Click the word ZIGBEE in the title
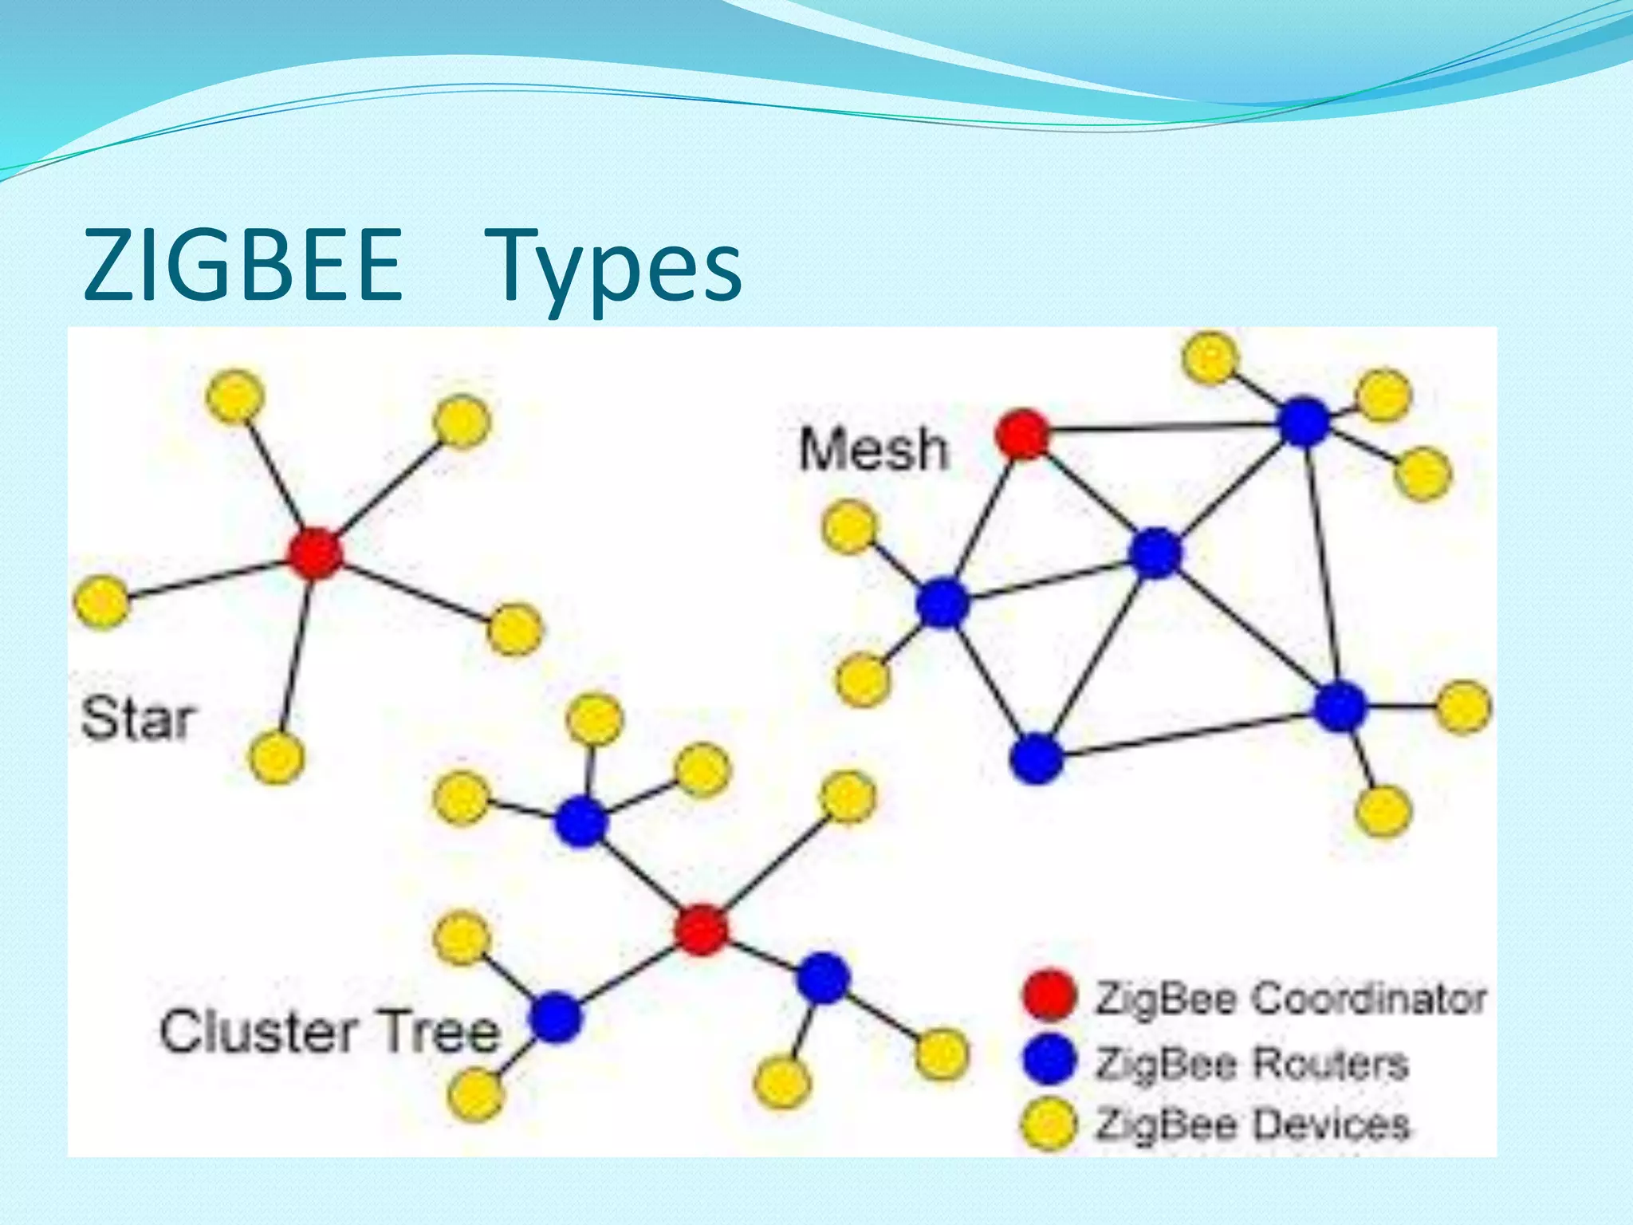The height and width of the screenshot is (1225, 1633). click(243, 266)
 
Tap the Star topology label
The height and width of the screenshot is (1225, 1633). click(137, 719)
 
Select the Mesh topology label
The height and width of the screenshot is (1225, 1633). click(874, 449)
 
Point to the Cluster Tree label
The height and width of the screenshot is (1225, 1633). click(329, 1031)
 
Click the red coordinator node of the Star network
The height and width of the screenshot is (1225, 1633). click(316, 553)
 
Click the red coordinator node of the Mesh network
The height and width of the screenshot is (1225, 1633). click(1023, 435)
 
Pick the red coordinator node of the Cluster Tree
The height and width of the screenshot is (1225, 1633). click(701, 929)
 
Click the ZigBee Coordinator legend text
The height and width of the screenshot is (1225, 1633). click(1290, 999)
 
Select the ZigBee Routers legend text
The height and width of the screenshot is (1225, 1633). click(1252, 1062)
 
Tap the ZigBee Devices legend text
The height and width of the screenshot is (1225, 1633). click(1253, 1124)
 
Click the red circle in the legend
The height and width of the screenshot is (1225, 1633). click(1049, 995)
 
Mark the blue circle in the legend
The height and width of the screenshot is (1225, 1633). click(1049, 1059)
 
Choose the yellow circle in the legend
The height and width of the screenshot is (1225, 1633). click(1049, 1123)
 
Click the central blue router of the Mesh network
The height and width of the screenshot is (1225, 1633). click(1155, 553)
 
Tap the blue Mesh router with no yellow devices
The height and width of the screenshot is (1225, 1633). click(1036, 758)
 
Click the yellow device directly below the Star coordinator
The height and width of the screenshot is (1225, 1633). click(276, 756)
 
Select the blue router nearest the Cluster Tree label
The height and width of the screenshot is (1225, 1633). click(556, 1016)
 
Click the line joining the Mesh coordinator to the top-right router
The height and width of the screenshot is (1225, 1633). click(1164, 429)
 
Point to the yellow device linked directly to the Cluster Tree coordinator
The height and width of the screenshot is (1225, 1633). click(848, 796)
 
